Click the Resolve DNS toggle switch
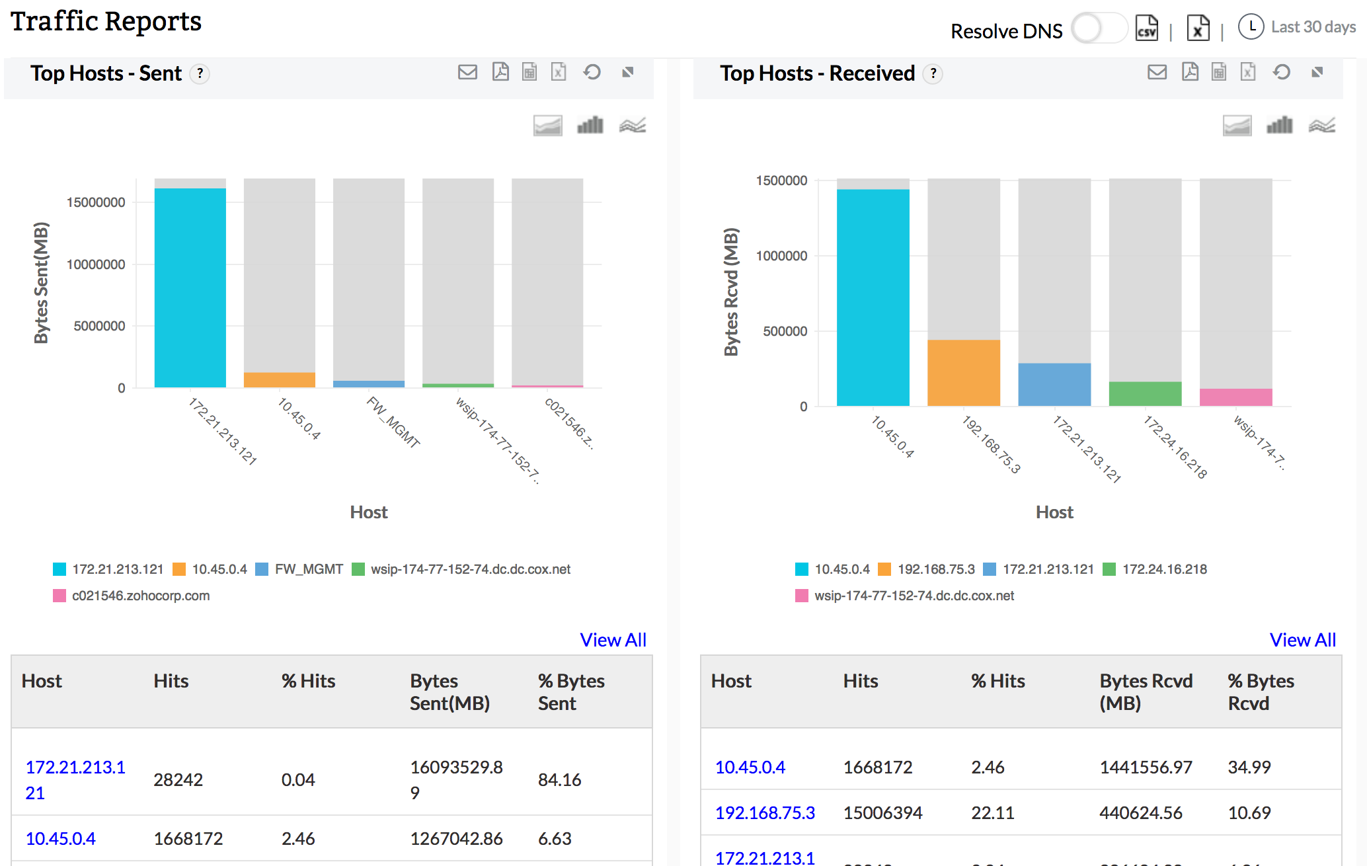point(1098,29)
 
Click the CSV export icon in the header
point(1147,28)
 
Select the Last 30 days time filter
point(1312,27)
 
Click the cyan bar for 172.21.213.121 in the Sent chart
point(190,288)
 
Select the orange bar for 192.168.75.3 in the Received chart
point(964,372)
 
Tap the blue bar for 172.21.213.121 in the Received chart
point(1054,384)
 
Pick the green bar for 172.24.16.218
point(1145,393)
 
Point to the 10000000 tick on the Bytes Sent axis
point(96,264)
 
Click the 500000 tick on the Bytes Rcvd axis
point(785,331)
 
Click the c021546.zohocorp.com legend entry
point(140,596)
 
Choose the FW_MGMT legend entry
point(308,569)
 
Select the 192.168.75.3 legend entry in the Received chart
point(935,569)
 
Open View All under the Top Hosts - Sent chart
point(613,640)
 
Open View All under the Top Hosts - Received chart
point(1302,640)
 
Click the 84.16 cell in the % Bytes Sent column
point(559,780)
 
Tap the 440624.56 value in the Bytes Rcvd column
point(1140,812)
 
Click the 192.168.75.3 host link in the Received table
point(765,812)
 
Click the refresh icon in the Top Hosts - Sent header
point(592,72)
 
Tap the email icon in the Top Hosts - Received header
point(1157,72)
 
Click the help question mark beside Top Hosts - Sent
point(200,74)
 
